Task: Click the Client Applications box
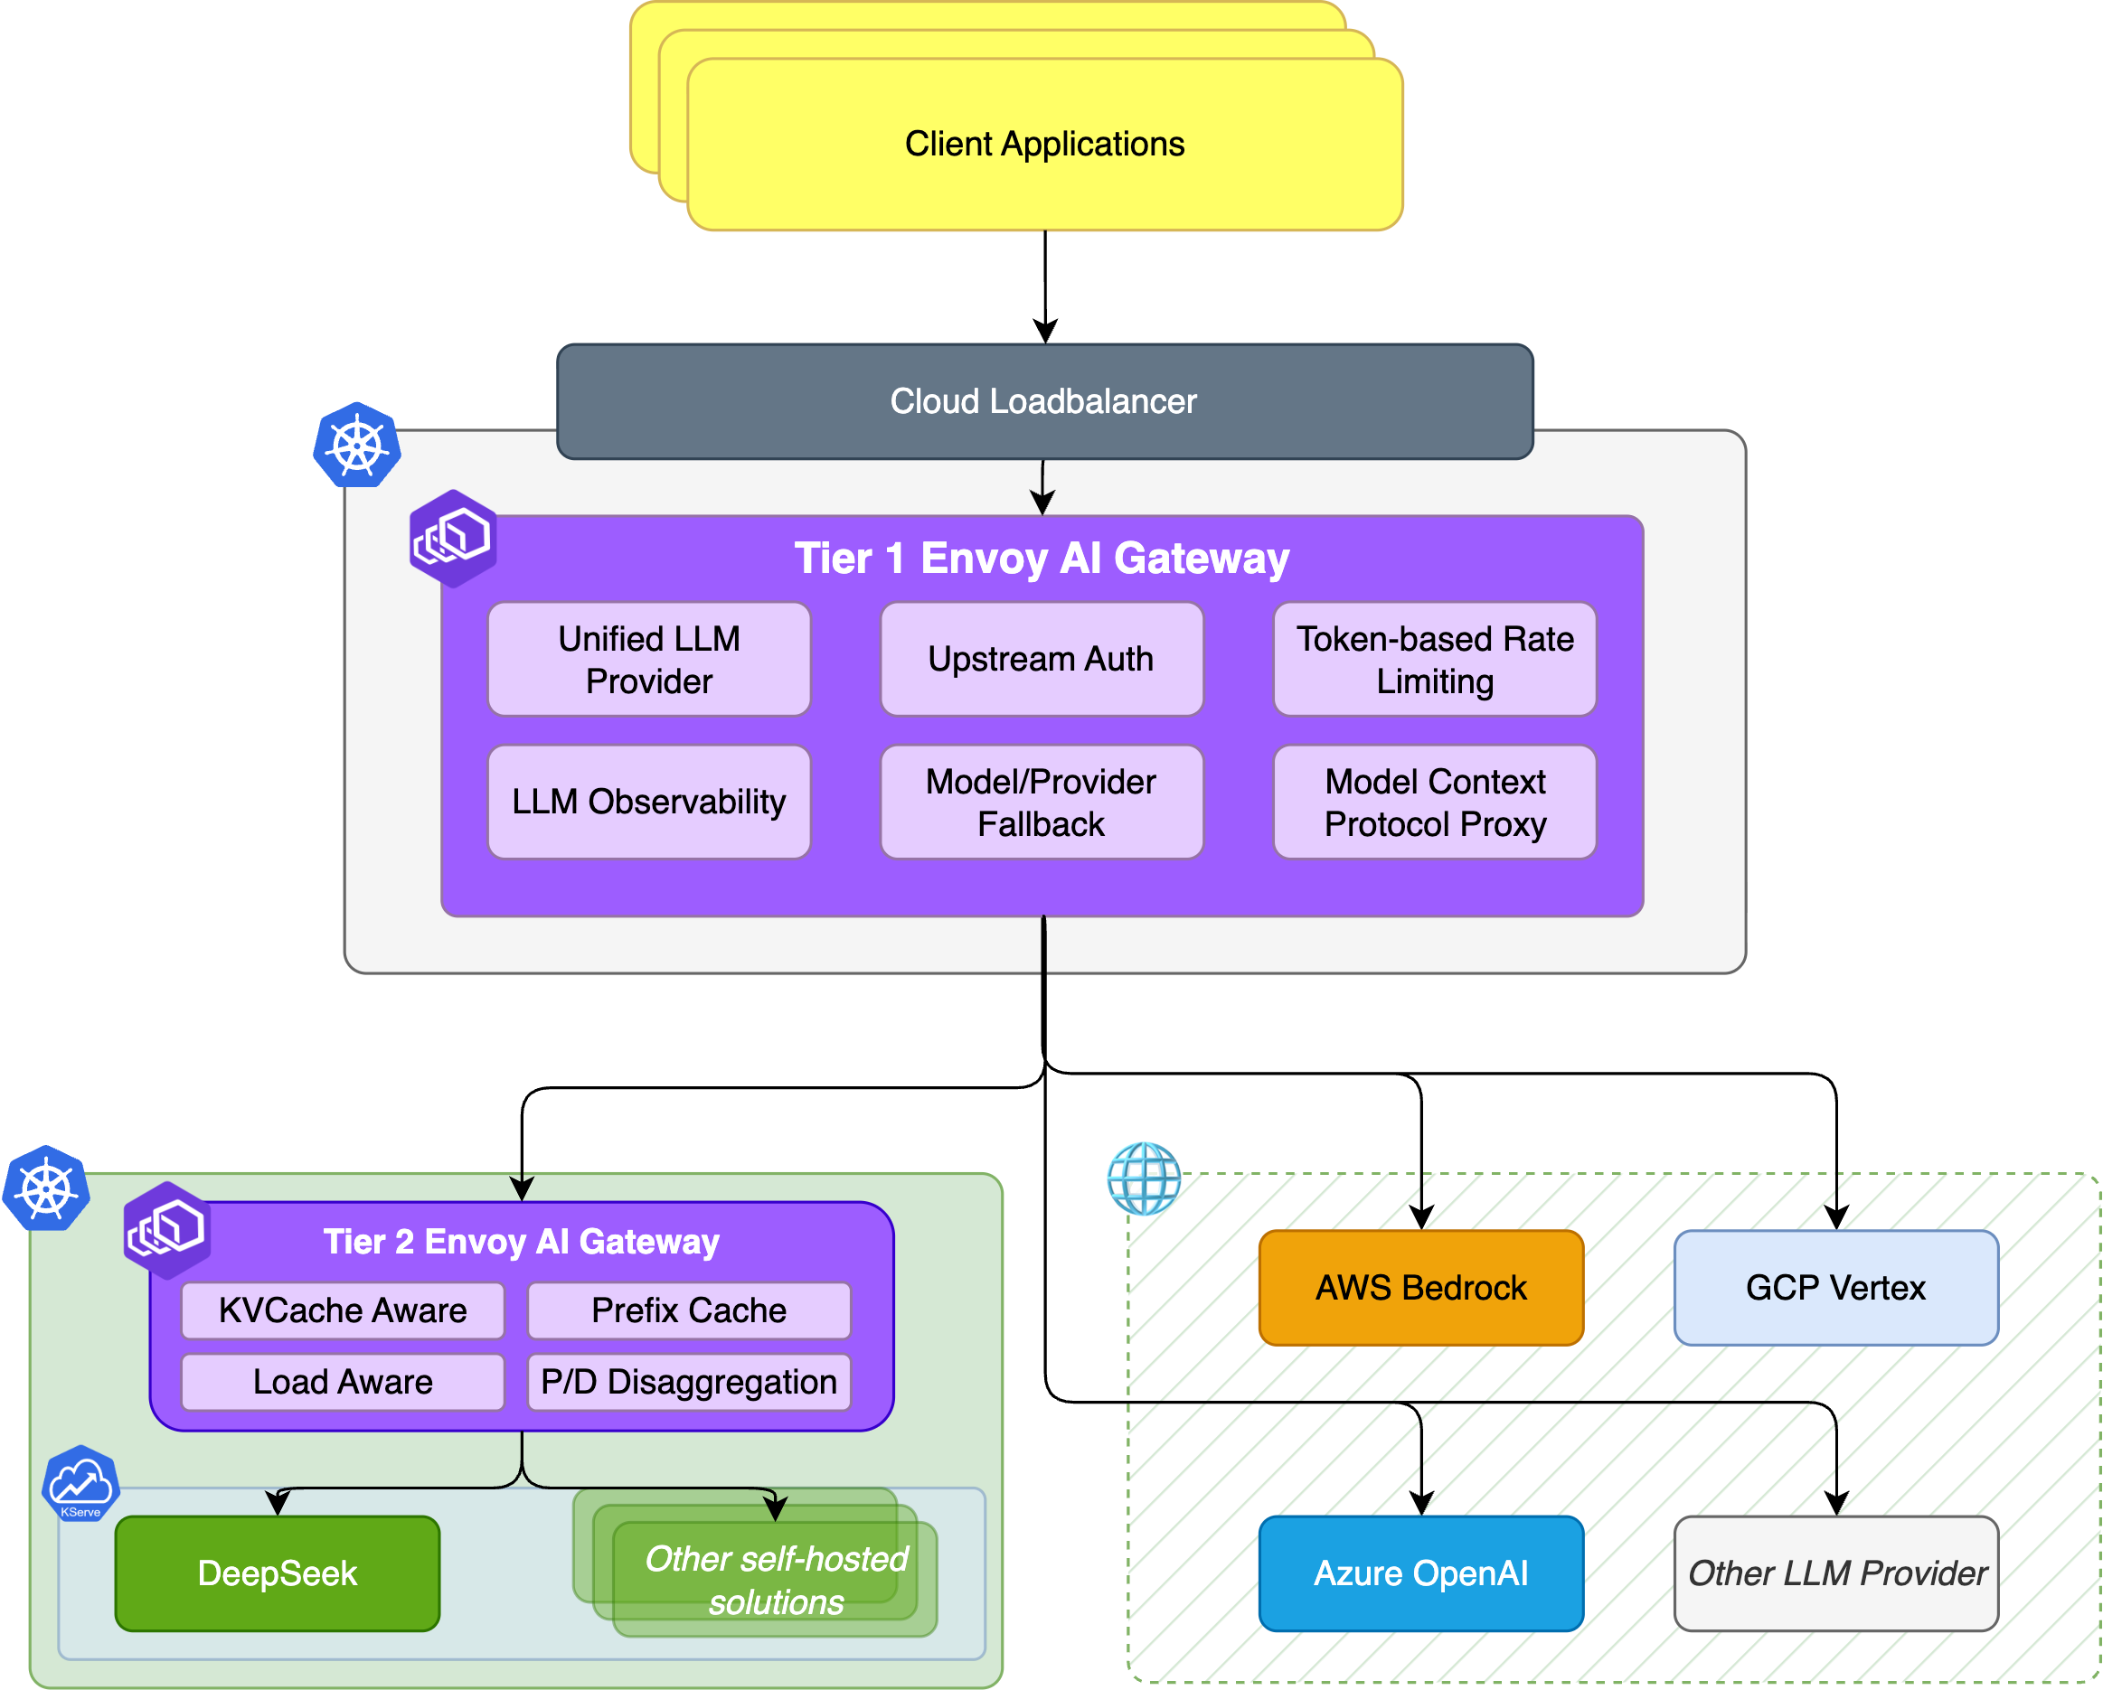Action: coord(1044,145)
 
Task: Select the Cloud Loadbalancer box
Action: coord(1043,400)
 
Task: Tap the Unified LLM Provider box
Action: coord(648,659)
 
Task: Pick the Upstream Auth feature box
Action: coord(1041,659)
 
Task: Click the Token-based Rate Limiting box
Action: coord(1434,659)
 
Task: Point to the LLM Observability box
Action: coord(648,802)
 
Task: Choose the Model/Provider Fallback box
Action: coord(1041,802)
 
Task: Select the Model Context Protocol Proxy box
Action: coord(1434,802)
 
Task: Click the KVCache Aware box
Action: coord(343,1310)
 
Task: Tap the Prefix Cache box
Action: coord(689,1310)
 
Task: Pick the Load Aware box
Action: coord(343,1382)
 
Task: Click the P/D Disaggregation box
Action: coord(689,1382)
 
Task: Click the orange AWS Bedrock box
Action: coord(1420,1287)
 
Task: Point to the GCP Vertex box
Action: coord(1834,1287)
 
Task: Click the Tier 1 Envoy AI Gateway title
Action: coord(1042,559)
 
